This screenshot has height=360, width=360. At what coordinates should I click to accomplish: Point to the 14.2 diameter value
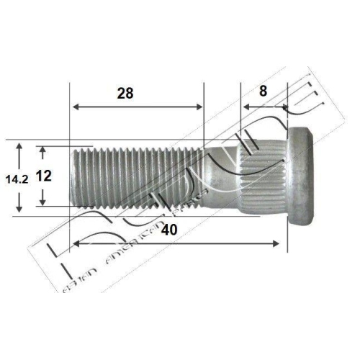coord(15,178)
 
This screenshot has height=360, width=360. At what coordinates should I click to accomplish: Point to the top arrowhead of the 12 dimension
coord(44,150)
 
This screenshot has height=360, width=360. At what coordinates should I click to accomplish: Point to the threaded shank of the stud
coord(137,176)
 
